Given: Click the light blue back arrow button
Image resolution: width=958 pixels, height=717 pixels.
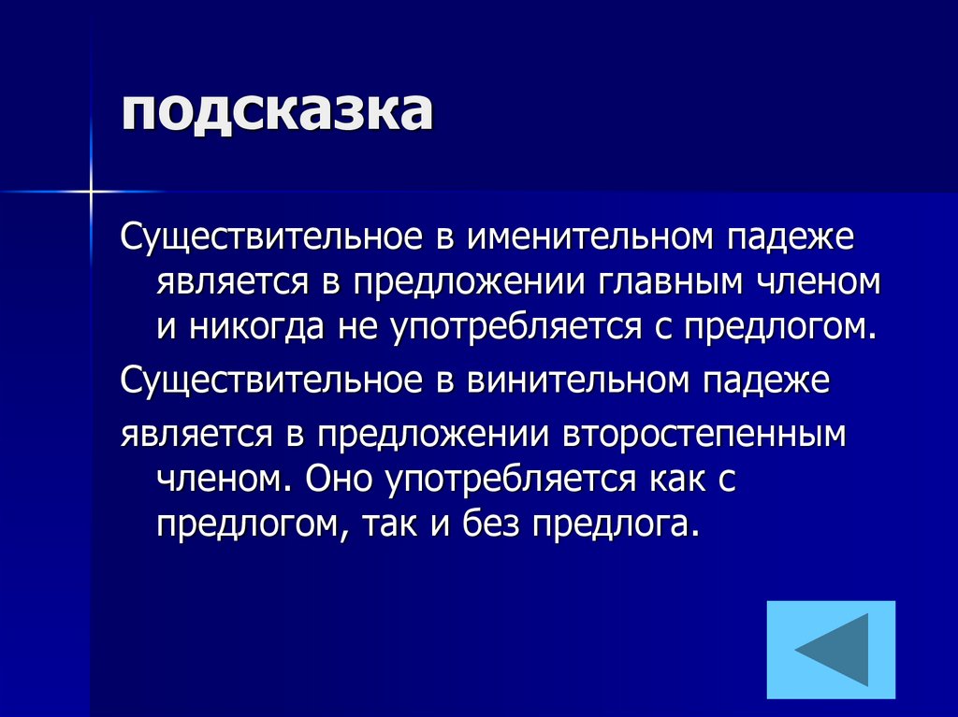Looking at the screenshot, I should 831,651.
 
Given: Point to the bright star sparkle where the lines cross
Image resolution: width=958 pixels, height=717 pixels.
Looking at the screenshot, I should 92,192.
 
